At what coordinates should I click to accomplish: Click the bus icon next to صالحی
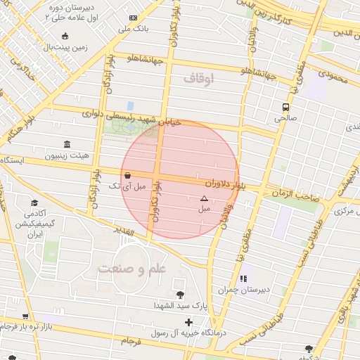(x=285, y=108)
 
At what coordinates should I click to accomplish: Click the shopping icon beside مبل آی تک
(x=127, y=175)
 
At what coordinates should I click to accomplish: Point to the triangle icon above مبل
(x=204, y=199)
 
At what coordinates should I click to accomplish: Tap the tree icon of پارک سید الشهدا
(x=181, y=295)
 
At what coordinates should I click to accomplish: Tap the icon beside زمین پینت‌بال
(x=65, y=37)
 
